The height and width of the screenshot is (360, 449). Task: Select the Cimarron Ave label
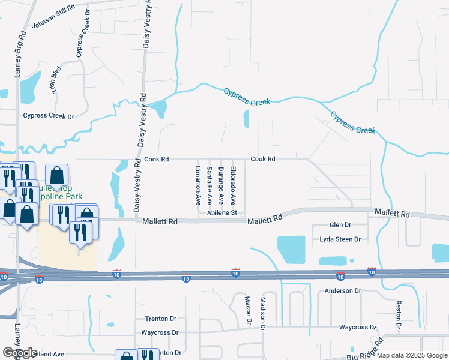(197, 185)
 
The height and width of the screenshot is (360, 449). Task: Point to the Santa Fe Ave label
(209, 185)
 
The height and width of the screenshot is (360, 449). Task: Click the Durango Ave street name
(221, 185)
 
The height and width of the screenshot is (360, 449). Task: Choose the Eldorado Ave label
(233, 185)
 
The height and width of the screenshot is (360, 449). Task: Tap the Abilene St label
(222, 213)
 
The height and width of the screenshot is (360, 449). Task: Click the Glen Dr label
(340, 225)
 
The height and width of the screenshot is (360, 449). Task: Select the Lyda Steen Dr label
(340, 239)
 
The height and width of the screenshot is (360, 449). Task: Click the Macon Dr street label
(247, 310)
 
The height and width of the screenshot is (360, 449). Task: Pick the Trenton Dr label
(159, 319)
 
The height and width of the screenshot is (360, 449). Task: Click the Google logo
(20, 353)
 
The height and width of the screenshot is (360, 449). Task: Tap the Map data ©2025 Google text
(412, 355)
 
